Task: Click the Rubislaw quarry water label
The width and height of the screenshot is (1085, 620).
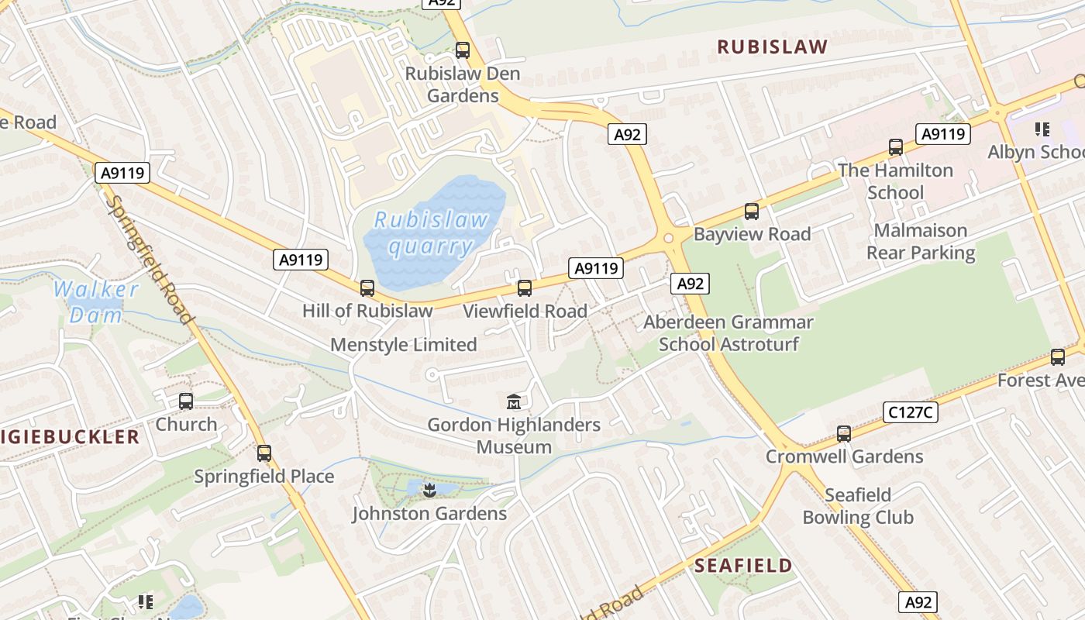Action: pyautogui.click(x=431, y=233)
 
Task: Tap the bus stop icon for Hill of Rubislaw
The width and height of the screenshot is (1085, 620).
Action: pyautogui.click(x=367, y=288)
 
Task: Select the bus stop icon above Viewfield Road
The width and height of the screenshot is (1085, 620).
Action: pyautogui.click(x=525, y=288)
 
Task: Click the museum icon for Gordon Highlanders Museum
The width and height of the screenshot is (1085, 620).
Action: pyautogui.click(x=514, y=401)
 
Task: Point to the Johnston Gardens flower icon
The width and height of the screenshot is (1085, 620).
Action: pyautogui.click(x=429, y=490)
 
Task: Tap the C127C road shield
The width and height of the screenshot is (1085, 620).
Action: pyautogui.click(x=910, y=412)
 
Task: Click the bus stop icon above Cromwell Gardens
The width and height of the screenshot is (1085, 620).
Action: pyautogui.click(x=844, y=434)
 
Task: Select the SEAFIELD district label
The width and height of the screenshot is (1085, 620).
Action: pyautogui.click(x=743, y=565)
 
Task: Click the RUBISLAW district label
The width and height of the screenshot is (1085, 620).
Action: pyautogui.click(x=772, y=46)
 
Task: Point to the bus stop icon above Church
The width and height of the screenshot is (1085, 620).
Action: pyautogui.click(x=186, y=401)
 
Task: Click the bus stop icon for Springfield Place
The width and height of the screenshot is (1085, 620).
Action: pyautogui.click(x=264, y=453)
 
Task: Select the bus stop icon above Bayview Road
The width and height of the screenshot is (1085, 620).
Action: pyautogui.click(x=751, y=212)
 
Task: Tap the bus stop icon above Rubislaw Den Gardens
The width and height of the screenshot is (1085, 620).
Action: pyautogui.click(x=463, y=50)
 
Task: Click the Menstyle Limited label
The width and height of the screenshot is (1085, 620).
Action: pyautogui.click(x=404, y=345)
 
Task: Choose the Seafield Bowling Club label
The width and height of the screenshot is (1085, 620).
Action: pyautogui.click(x=858, y=506)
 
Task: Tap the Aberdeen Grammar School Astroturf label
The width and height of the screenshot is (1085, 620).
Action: pyautogui.click(x=728, y=333)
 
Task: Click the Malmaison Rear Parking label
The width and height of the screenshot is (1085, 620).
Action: pyautogui.click(x=921, y=242)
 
